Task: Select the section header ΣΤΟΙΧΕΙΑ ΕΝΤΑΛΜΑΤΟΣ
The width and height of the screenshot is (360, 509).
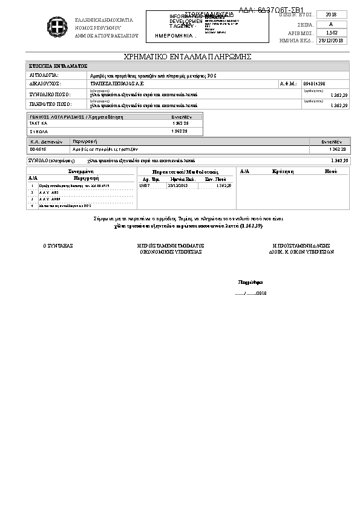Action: (59, 65)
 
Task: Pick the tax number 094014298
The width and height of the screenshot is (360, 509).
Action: (313, 84)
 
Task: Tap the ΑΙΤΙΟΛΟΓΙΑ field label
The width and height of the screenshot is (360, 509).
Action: (44, 74)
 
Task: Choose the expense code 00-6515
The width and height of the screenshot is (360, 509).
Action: (38, 148)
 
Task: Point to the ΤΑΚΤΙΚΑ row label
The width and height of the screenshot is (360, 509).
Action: (38, 123)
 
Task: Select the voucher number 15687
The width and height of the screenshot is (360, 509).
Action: (144, 185)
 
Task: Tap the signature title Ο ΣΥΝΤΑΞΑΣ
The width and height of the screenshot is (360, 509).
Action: (57, 246)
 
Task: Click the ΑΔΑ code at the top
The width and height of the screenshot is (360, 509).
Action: (271, 10)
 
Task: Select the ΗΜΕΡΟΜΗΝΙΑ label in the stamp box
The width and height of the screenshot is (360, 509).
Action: (175, 36)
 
